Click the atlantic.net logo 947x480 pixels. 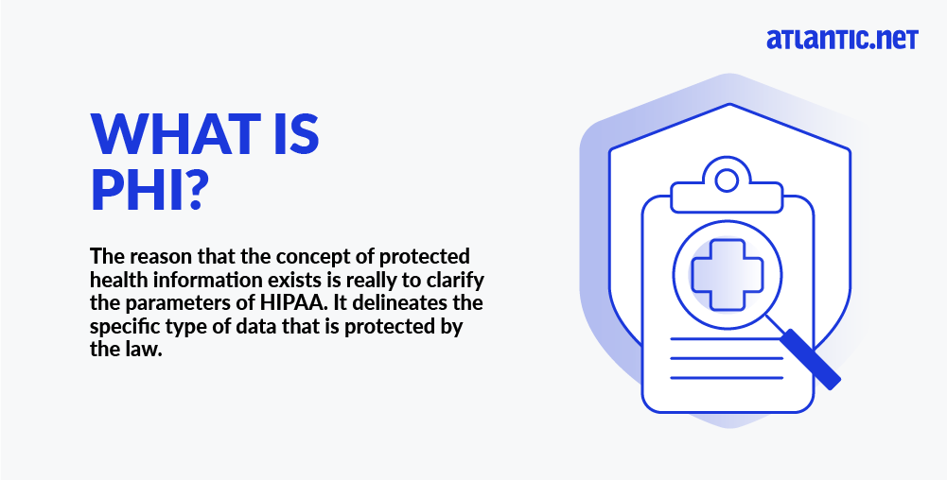point(843,39)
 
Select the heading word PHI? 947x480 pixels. point(146,189)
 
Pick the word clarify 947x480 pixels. point(455,281)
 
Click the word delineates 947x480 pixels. point(403,302)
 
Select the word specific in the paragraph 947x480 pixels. point(124,327)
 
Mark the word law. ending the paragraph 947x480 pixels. point(145,350)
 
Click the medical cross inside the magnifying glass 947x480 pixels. point(728,275)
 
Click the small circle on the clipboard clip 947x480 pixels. point(727,180)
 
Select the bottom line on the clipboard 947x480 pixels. point(727,378)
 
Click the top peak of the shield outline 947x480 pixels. point(729,104)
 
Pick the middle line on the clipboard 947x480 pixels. point(727,358)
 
